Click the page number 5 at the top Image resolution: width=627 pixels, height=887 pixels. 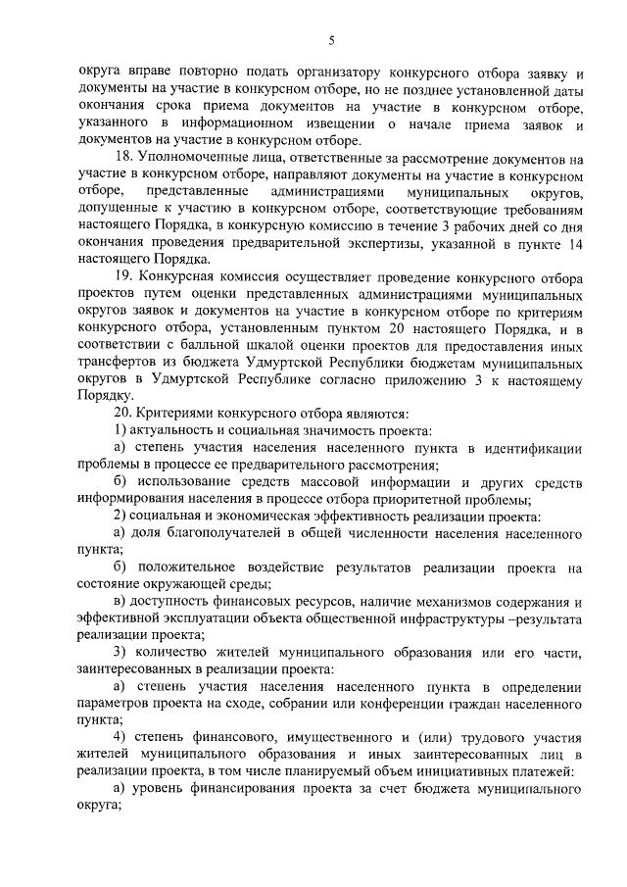[331, 40]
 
